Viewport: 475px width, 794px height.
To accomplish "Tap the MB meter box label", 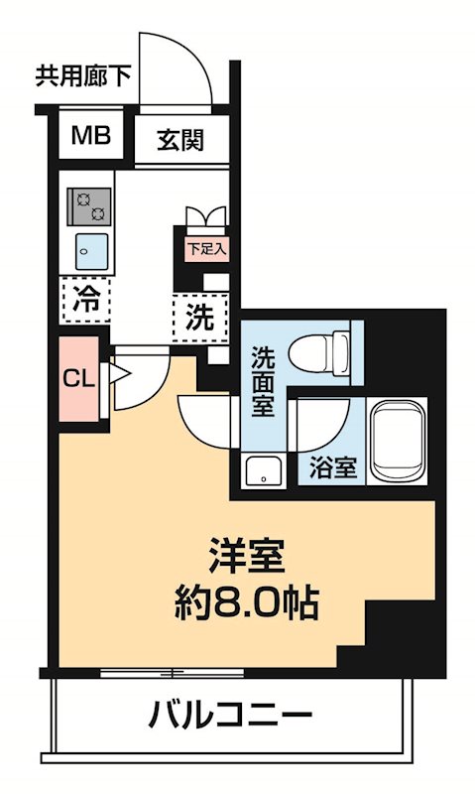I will pos(90,136).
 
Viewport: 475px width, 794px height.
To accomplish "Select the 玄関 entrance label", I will pos(180,140).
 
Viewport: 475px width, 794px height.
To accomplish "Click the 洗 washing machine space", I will pos(200,320).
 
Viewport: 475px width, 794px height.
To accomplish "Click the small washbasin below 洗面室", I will pos(263,471).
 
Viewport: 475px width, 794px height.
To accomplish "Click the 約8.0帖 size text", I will pos(248,600).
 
